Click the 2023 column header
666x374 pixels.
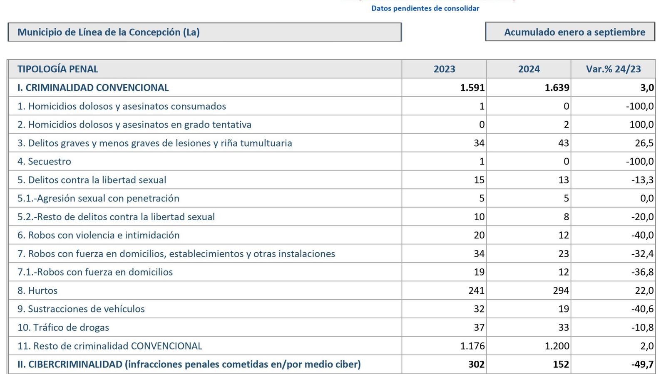click(444, 69)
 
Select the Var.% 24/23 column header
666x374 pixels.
click(613, 69)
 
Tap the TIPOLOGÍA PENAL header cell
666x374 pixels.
click(58, 69)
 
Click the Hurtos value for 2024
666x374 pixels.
click(560, 290)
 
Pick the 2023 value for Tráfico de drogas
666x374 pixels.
click(479, 327)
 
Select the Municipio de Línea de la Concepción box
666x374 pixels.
click(204, 32)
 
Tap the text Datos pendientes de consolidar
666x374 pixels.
click(425, 8)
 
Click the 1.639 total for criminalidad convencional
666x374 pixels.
click(557, 88)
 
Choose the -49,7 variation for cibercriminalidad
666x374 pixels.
click(642, 364)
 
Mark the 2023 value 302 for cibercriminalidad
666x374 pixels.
click(476, 364)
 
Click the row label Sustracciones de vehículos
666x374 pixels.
click(81, 309)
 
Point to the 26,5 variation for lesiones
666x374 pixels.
click(644, 143)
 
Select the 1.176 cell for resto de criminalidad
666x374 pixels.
click(472, 346)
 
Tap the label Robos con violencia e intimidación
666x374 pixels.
click(99, 235)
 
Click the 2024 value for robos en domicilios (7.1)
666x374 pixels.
click(563, 272)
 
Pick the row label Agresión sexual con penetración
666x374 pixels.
click(98, 198)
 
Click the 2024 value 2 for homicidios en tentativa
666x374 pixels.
click(566, 125)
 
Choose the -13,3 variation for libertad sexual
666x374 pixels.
click(642, 180)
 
